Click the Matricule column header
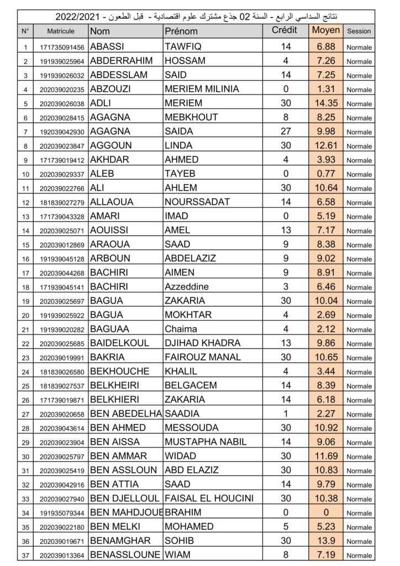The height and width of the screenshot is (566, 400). [x=61, y=32]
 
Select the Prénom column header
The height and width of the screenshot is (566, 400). [x=181, y=32]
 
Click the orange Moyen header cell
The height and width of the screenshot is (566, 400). [x=326, y=30]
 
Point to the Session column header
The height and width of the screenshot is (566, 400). [x=359, y=32]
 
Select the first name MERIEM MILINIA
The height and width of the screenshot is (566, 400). [x=202, y=88]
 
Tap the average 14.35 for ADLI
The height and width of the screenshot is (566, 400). [x=326, y=103]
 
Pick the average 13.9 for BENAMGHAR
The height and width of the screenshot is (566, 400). [x=326, y=541]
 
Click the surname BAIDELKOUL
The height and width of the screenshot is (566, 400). [x=119, y=343]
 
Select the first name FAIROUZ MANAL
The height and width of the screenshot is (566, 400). [x=203, y=357]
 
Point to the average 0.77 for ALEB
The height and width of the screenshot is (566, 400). [x=326, y=174]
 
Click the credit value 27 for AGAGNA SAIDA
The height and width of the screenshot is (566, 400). [x=285, y=131]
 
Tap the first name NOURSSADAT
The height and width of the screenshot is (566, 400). [x=197, y=202]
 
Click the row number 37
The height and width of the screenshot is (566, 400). [x=25, y=555]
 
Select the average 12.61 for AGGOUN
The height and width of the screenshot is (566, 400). [x=326, y=145]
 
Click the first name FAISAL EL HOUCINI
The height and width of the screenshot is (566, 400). [x=209, y=498]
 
